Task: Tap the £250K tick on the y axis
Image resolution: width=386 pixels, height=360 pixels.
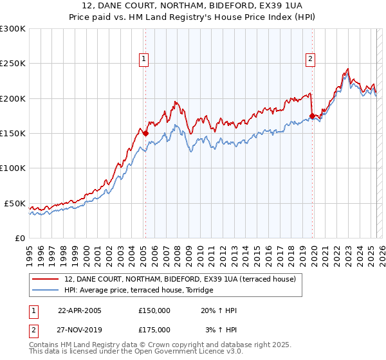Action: pyautogui.click(x=13, y=64)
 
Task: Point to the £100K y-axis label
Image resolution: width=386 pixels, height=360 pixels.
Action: pyautogui.click(x=13, y=168)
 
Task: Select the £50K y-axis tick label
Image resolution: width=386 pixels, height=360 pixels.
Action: pyautogui.click(x=15, y=203)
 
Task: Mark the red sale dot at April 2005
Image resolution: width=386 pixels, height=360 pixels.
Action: pyautogui.click(x=145, y=133)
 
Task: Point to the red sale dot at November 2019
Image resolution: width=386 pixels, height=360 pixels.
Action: pyautogui.click(x=313, y=116)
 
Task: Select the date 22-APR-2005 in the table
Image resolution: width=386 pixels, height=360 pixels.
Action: pyautogui.click(x=80, y=310)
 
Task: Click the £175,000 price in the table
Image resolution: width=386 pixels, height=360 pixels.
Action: pyautogui.click(x=154, y=330)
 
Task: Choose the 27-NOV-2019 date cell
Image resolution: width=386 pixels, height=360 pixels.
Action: pyautogui.click(x=80, y=330)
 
